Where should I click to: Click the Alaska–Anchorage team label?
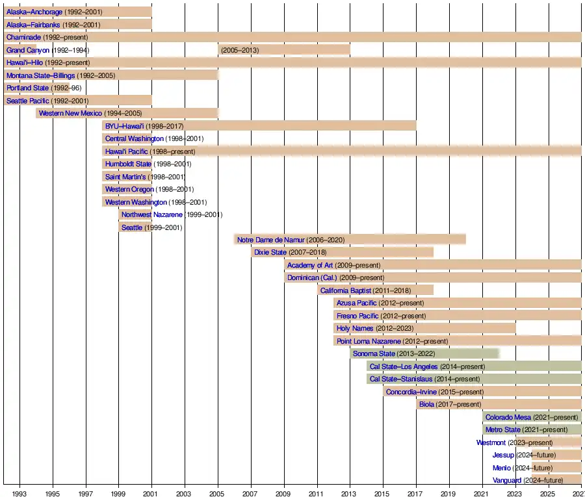(34, 12)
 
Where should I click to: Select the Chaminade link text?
(23, 37)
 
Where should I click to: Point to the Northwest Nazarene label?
(152, 214)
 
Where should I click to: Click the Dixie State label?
(270, 252)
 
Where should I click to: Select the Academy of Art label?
(310, 265)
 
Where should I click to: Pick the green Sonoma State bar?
(468, 353)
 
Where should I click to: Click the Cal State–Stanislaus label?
(401, 379)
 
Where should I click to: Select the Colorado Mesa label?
(508, 417)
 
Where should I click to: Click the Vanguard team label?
(507, 480)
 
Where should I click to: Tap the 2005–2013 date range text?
(240, 50)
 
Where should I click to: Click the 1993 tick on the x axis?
(20, 494)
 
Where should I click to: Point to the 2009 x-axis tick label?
(284, 494)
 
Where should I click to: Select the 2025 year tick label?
(549, 494)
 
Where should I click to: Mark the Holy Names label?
(355, 328)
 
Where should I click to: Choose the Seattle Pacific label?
(27, 101)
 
